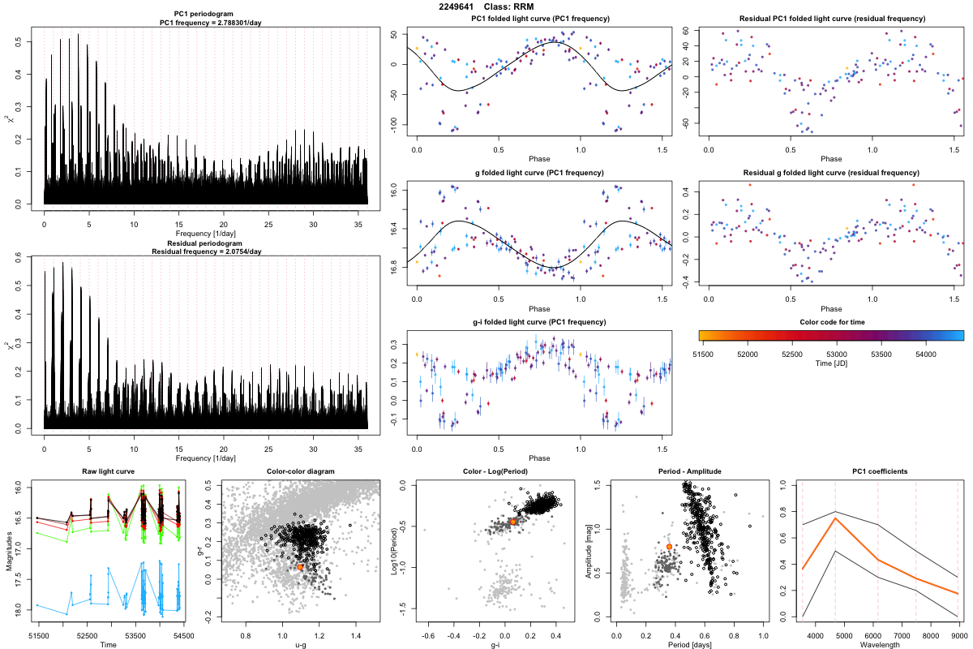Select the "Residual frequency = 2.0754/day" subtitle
coord(205,251)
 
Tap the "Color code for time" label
coord(831,322)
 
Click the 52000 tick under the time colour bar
coord(747,354)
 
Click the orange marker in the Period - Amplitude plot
coord(669,547)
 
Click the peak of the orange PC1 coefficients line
coord(836,518)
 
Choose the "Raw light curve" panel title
coord(108,472)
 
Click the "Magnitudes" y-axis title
coord(8,552)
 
